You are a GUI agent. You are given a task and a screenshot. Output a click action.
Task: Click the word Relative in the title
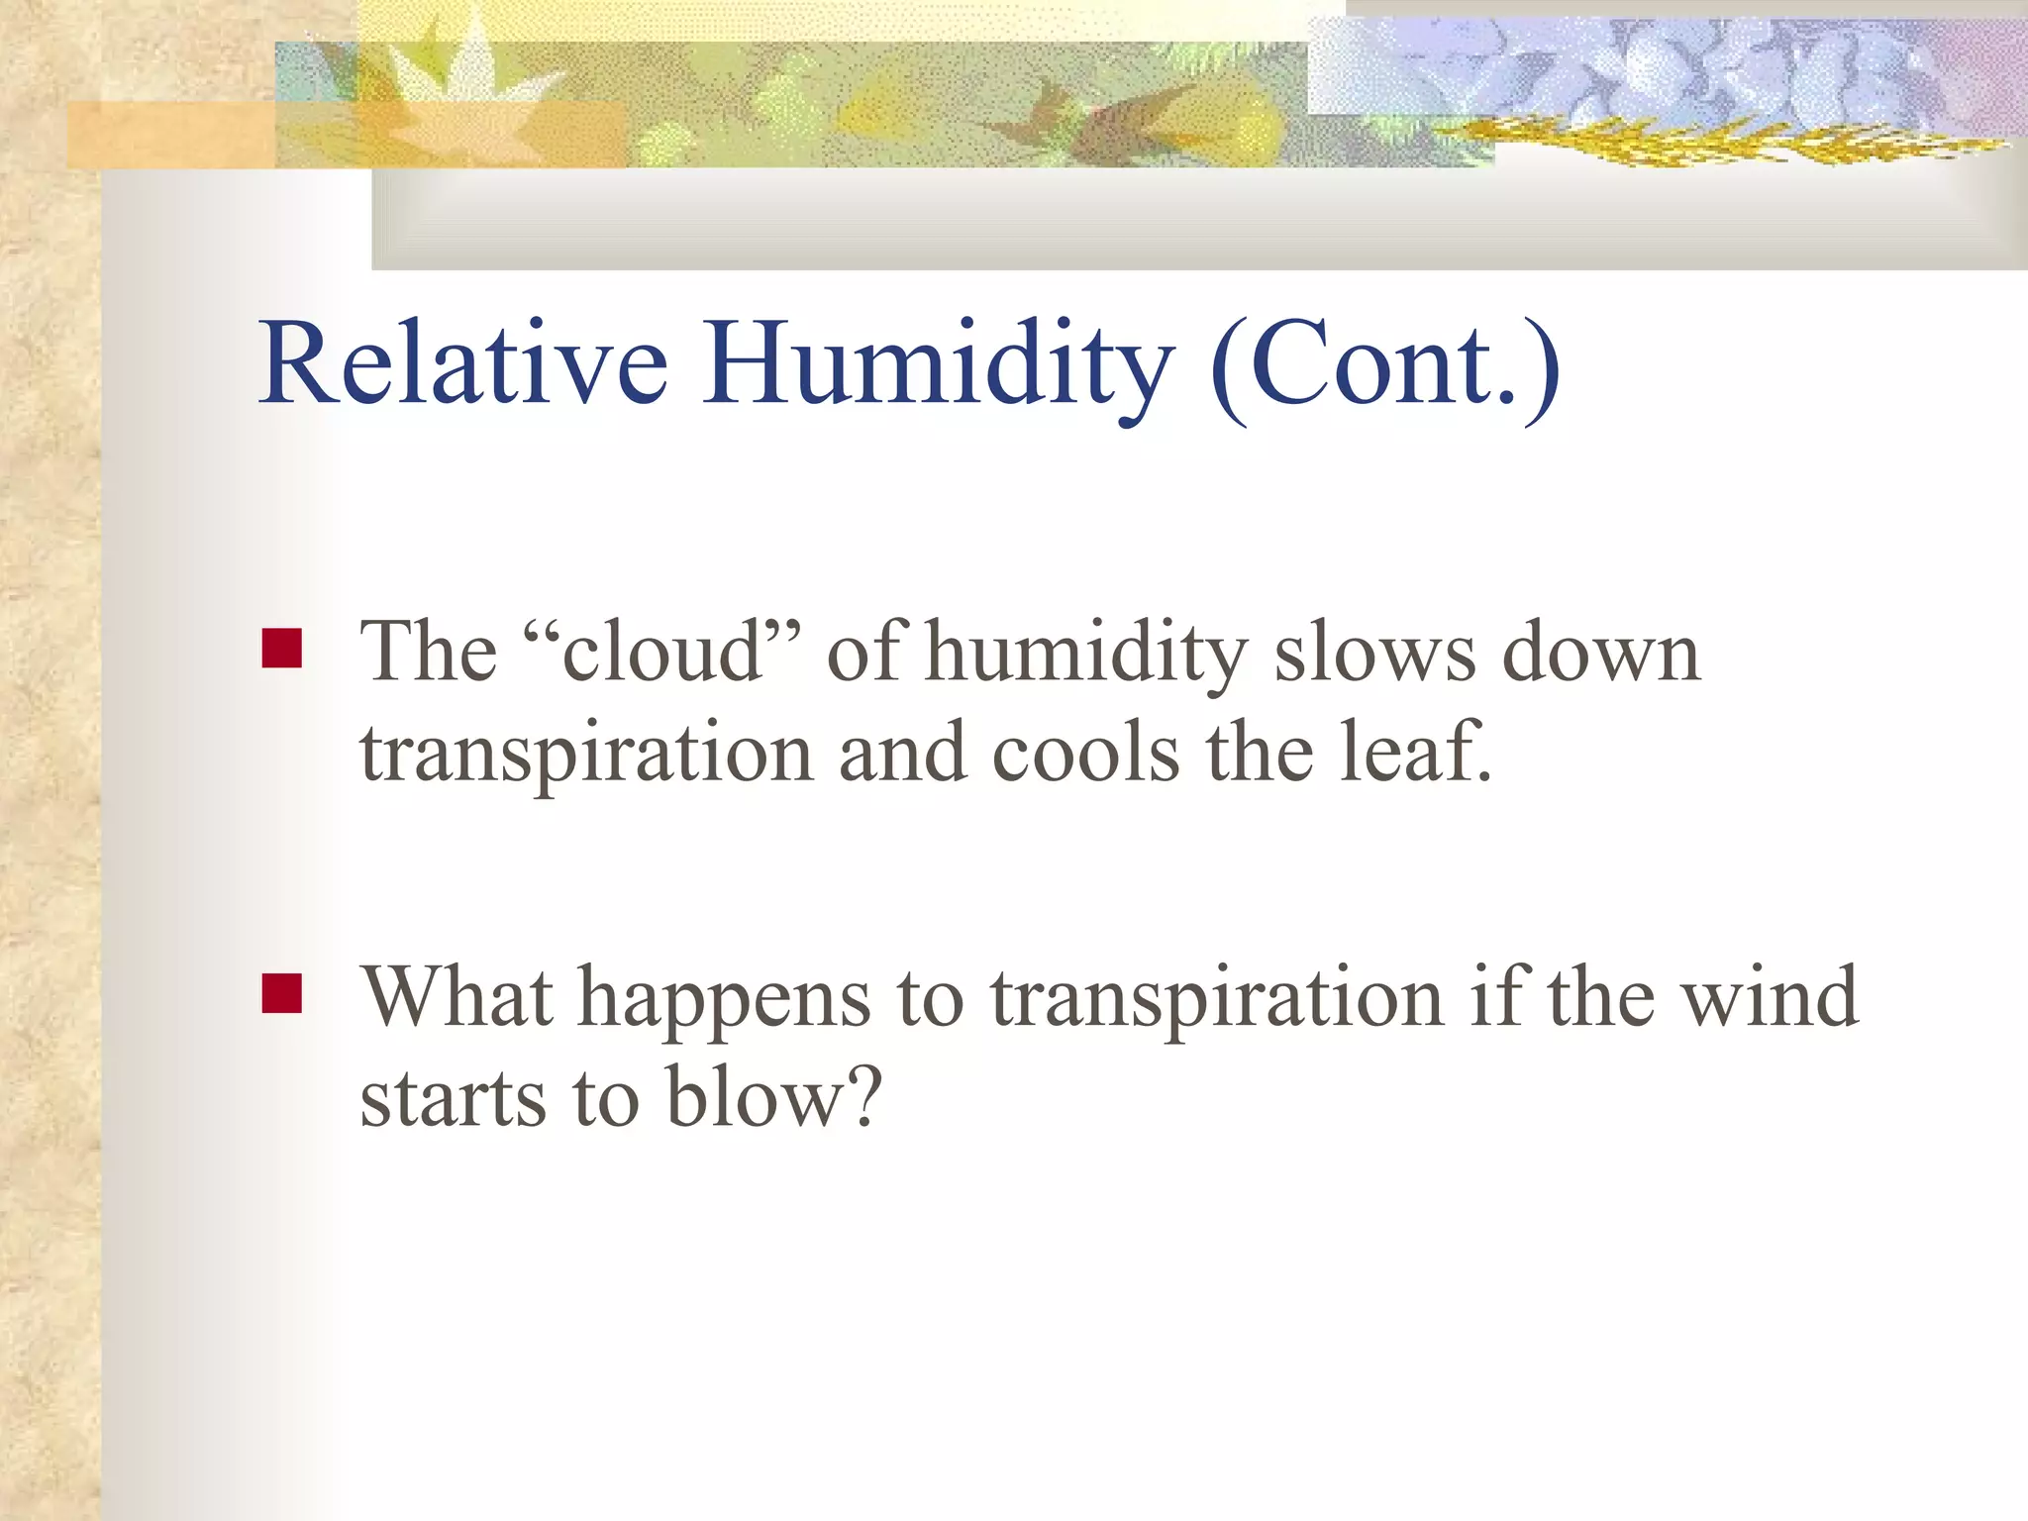pyautogui.click(x=463, y=363)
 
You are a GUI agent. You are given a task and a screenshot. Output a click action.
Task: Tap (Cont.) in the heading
pyautogui.click(x=1384, y=368)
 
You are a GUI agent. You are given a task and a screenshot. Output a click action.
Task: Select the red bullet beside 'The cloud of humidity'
pyautogui.click(x=281, y=650)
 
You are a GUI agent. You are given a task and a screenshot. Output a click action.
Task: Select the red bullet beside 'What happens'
pyautogui.click(x=281, y=994)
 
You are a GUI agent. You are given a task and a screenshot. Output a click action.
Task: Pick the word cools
pyautogui.click(x=1085, y=753)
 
